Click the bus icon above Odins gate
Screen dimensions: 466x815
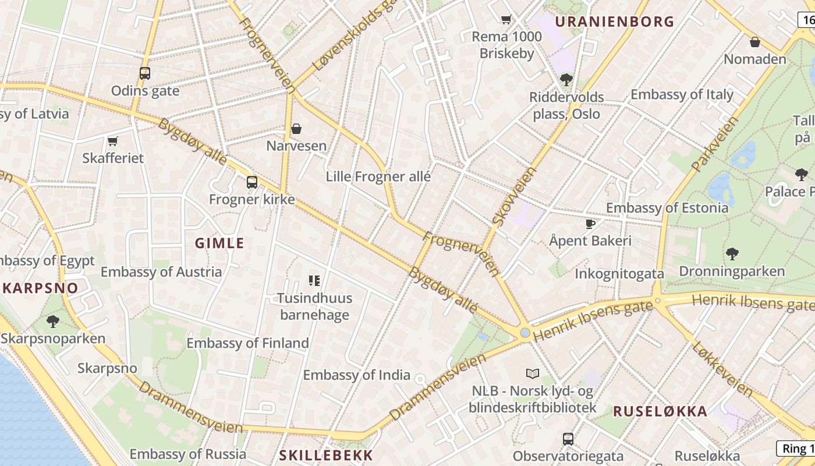pyautogui.click(x=145, y=73)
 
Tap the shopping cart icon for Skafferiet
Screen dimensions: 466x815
pyautogui.click(x=112, y=141)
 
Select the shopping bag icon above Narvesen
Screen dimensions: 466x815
pyautogui.click(x=296, y=128)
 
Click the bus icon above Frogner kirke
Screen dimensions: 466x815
pyautogui.click(x=252, y=182)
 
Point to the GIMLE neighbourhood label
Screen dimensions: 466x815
pyautogui.click(x=219, y=243)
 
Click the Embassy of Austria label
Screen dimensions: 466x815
pyautogui.click(x=161, y=272)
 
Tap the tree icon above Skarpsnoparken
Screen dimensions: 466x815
pyautogui.click(x=53, y=321)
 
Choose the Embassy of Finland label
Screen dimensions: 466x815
pyautogui.click(x=247, y=343)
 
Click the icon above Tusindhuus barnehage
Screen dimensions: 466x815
pyautogui.click(x=314, y=281)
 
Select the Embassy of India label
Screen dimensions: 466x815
pyautogui.click(x=357, y=375)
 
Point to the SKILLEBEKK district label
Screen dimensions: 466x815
pyautogui.click(x=326, y=455)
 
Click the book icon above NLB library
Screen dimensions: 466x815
pyautogui.click(x=533, y=373)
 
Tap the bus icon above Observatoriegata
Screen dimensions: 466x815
pyautogui.click(x=568, y=439)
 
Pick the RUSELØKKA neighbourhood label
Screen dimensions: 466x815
pyautogui.click(x=660, y=411)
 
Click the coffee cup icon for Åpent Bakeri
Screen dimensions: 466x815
pyautogui.click(x=590, y=224)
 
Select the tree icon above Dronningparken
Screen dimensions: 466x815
pyautogui.click(x=732, y=253)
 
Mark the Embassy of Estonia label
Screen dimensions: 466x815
pyautogui.click(x=667, y=208)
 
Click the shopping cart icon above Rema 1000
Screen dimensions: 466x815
pyautogui.click(x=506, y=19)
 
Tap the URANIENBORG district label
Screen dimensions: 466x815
pyautogui.click(x=614, y=22)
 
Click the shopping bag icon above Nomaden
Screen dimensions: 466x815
pyautogui.click(x=755, y=42)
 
